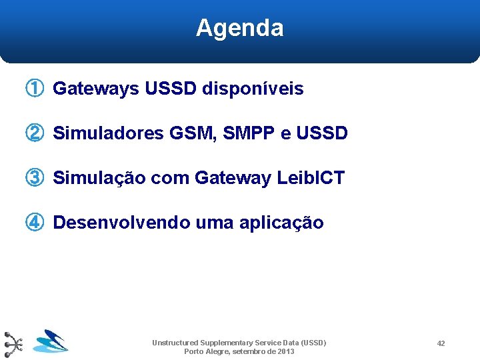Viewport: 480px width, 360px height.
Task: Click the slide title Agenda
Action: pos(239,28)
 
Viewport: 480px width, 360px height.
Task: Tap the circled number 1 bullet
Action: pos(35,89)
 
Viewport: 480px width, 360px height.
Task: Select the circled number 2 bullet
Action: pos(35,133)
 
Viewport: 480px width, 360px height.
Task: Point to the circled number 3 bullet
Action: pos(35,178)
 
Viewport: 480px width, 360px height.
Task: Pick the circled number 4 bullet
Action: pos(35,223)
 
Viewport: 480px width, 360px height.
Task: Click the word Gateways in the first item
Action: pos(95,89)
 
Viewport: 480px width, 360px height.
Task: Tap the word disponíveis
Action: pos(253,89)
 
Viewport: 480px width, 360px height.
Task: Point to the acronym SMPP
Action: pos(249,133)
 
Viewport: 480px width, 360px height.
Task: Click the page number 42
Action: pos(441,343)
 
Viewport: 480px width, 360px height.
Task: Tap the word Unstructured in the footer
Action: pos(175,343)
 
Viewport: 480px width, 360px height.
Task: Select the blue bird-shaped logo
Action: pos(51,341)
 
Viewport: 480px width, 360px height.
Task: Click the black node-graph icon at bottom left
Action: pos(13,344)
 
